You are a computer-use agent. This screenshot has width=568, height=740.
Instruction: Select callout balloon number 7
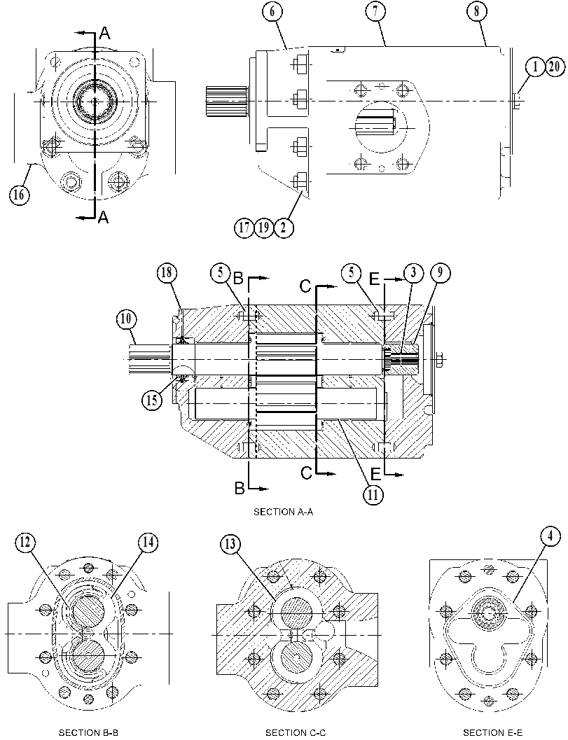[375, 11]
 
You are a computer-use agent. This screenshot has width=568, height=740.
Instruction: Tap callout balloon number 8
[476, 11]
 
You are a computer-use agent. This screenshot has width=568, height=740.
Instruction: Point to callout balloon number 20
[555, 67]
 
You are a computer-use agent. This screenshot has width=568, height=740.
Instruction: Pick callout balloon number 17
[244, 228]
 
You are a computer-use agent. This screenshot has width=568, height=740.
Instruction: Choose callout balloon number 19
[264, 228]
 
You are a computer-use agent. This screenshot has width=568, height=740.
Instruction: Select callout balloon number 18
[167, 273]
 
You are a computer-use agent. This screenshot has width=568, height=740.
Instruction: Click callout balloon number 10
[126, 319]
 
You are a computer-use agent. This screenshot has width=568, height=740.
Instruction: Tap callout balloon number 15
[152, 400]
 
